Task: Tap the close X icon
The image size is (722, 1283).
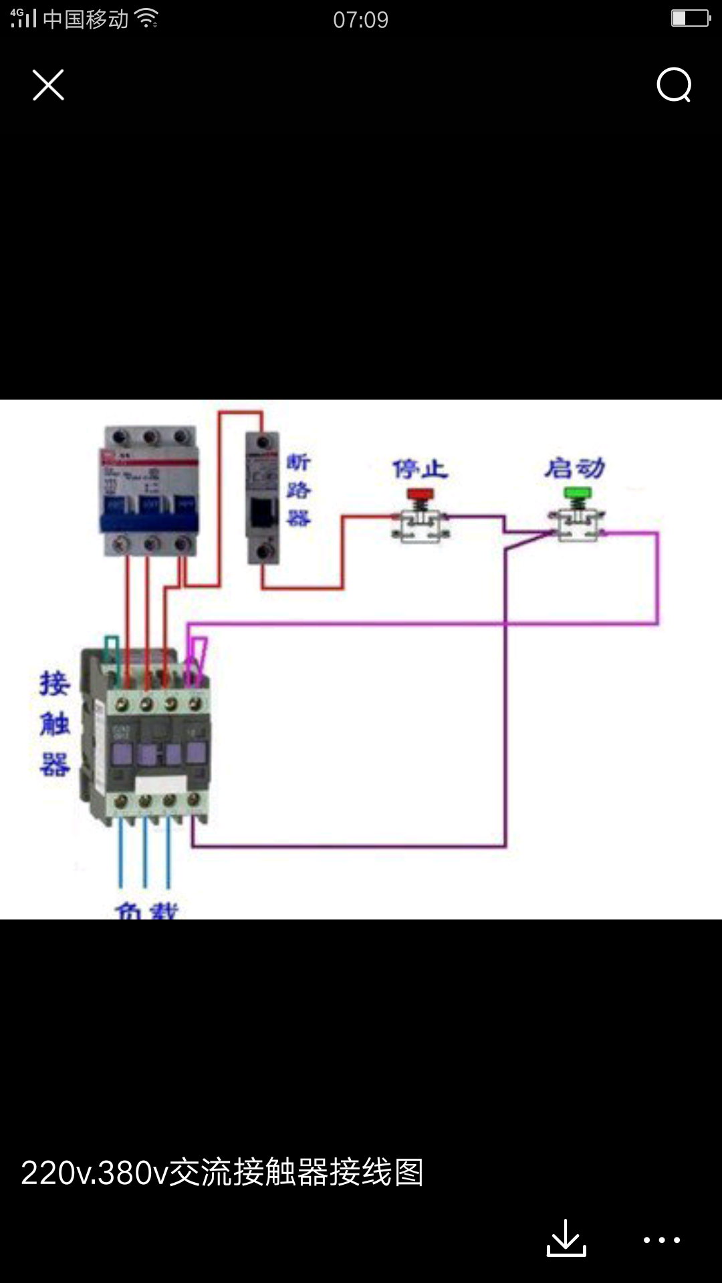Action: (x=48, y=85)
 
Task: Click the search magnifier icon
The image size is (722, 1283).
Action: (x=673, y=85)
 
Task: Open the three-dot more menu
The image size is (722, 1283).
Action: (x=661, y=1240)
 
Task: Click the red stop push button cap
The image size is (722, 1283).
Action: (x=420, y=494)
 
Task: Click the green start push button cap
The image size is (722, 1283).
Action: (x=578, y=494)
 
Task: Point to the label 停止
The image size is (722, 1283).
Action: (x=420, y=469)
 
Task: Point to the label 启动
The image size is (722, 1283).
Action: (x=574, y=468)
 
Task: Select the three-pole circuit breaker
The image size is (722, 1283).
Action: (x=150, y=490)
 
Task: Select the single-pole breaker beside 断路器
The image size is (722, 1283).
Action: (x=262, y=498)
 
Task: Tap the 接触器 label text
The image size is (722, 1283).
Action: (x=55, y=723)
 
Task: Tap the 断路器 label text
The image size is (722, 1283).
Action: (x=298, y=490)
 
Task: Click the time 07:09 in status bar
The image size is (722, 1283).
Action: (x=360, y=19)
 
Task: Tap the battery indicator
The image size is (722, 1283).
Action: (x=690, y=18)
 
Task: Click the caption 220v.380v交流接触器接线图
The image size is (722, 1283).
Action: (x=222, y=1172)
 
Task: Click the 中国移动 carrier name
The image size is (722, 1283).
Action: (x=86, y=19)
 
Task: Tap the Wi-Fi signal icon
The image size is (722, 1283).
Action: (x=146, y=19)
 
